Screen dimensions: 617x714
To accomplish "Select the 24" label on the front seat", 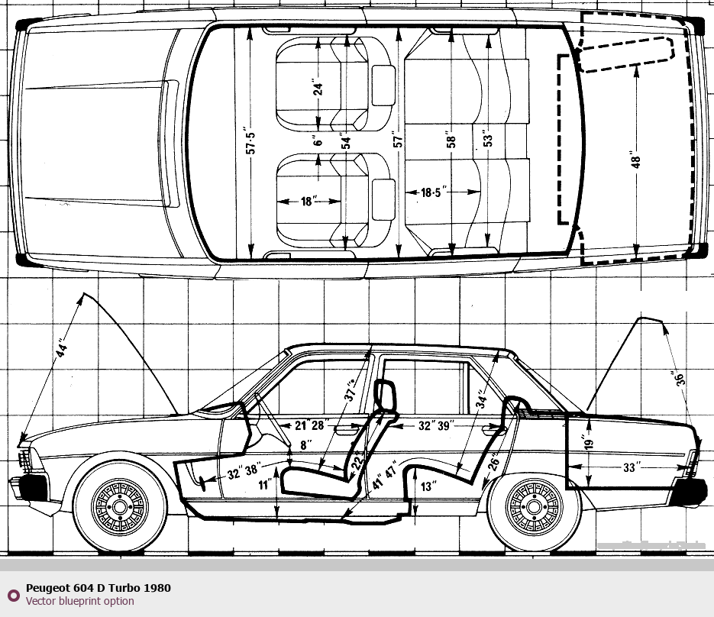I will [x=318, y=86].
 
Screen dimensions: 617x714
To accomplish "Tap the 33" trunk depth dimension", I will [x=629, y=468].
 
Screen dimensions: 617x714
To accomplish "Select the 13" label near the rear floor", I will [x=428, y=486].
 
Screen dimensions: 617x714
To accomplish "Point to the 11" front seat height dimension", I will [x=264, y=484].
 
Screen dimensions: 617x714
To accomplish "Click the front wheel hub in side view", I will [x=121, y=505].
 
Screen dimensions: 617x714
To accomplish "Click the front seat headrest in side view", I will [x=386, y=396].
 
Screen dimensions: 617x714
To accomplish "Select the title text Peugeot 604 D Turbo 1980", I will [x=99, y=588].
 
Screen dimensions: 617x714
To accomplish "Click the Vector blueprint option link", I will [x=80, y=601].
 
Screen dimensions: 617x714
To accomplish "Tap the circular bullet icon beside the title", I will [x=13, y=595].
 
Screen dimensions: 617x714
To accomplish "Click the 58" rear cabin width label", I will [x=452, y=141].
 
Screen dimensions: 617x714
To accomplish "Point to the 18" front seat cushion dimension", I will [x=308, y=202].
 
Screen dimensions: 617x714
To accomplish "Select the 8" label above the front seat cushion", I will [x=305, y=444].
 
